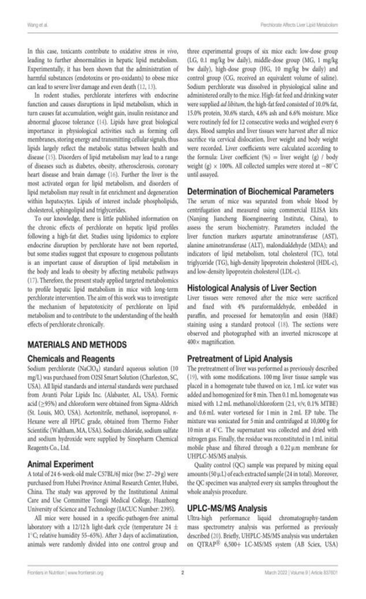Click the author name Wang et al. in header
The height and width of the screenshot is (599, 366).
click(36, 24)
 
